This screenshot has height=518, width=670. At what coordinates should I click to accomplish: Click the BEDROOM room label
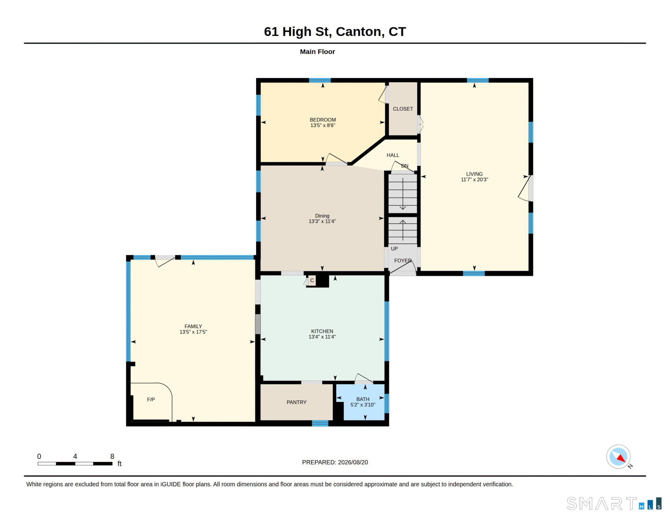point(323,120)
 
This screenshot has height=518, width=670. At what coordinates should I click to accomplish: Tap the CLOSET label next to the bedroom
point(403,109)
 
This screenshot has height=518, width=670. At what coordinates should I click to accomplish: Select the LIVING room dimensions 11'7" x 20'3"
point(474,180)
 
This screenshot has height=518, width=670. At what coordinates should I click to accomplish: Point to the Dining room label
point(322,216)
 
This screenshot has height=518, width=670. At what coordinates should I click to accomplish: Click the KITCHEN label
point(322,331)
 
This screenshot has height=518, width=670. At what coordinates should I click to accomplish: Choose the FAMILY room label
point(193,326)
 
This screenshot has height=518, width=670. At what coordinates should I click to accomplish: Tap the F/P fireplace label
point(151,400)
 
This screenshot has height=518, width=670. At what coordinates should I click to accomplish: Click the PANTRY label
point(297,402)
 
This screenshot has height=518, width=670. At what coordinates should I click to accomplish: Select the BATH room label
point(363,399)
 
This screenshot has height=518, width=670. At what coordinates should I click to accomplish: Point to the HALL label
point(393,155)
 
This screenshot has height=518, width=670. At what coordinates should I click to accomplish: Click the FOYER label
point(403,261)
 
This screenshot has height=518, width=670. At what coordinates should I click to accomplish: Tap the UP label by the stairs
point(394,249)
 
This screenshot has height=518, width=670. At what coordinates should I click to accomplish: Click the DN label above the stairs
point(405,166)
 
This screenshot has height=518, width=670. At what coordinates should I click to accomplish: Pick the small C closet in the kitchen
point(312,281)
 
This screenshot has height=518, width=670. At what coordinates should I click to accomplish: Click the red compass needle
point(621,458)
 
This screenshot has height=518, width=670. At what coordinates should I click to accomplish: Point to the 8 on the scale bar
point(112,456)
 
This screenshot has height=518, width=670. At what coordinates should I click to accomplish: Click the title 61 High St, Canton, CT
point(335,32)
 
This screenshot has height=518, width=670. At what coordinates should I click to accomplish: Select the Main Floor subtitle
point(317,52)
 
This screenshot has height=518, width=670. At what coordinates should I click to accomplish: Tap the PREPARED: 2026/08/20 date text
point(335,462)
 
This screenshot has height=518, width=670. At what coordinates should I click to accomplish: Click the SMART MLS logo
point(614,504)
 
